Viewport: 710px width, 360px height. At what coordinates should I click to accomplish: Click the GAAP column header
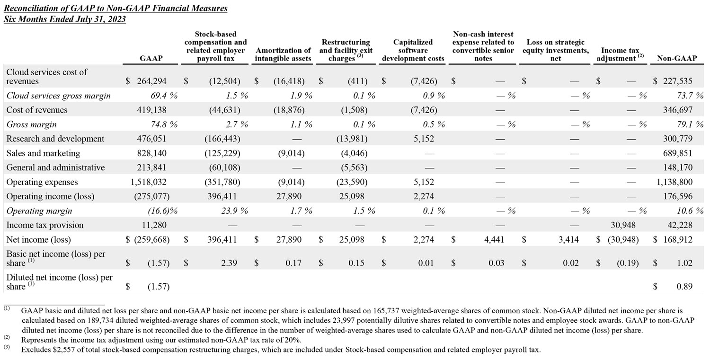coord(151,58)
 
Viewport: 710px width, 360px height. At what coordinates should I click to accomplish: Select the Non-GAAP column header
coord(676,58)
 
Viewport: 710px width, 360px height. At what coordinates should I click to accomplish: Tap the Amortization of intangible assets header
coord(283,54)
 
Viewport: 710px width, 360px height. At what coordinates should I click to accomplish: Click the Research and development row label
coord(55,139)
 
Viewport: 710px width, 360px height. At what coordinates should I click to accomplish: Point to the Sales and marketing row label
coord(44,153)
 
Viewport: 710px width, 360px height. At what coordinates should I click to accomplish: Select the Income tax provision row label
coord(45,225)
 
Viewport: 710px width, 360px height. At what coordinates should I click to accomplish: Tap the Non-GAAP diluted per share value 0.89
coord(683,286)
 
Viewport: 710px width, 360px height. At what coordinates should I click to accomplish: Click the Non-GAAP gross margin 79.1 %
coord(686,125)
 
